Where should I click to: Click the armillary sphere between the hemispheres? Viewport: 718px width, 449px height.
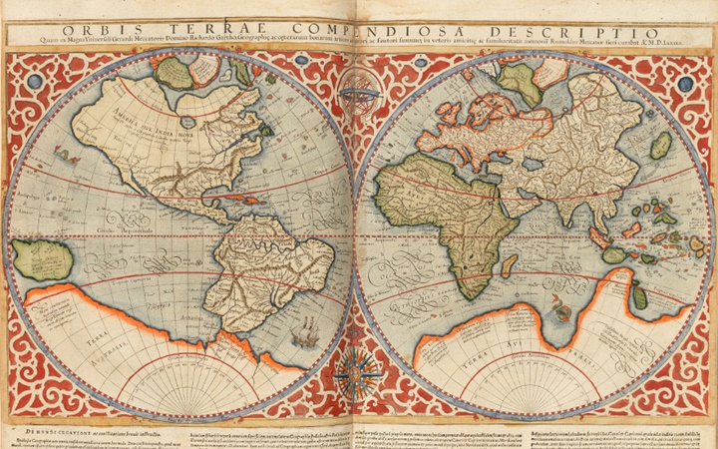point(357,98)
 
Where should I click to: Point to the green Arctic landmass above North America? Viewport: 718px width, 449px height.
point(176,72)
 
